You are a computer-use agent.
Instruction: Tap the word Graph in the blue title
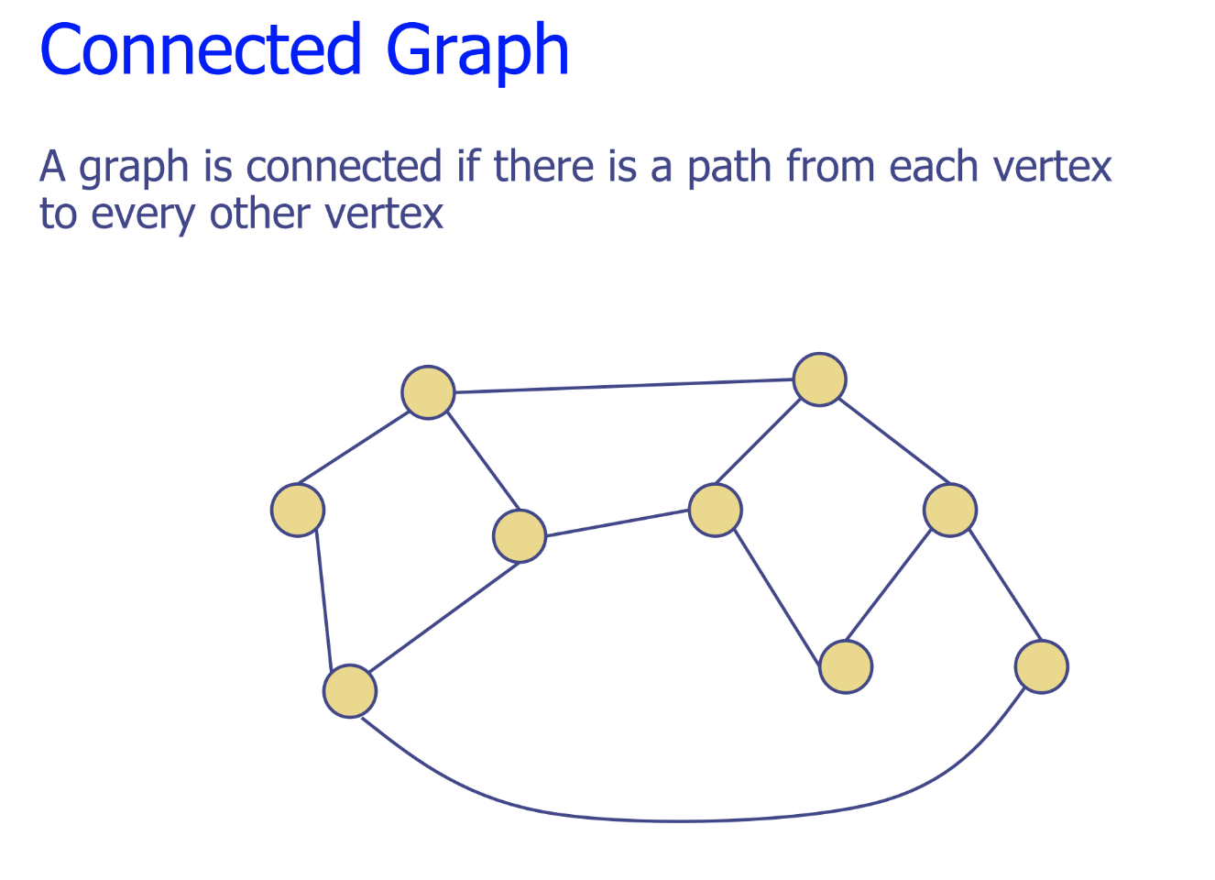(477, 53)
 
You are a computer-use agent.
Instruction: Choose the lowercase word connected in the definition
(344, 167)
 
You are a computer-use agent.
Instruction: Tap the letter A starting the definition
(53, 167)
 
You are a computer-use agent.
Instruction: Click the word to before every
(58, 214)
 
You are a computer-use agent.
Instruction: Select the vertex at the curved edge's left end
(350, 691)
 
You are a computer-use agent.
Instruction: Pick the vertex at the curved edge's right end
(1042, 666)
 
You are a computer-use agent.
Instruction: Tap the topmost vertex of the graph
(819, 379)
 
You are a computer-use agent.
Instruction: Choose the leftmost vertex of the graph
(298, 510)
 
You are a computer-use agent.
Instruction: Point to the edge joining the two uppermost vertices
(623, 386)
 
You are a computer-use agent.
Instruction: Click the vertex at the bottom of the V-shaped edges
(846, 666)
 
